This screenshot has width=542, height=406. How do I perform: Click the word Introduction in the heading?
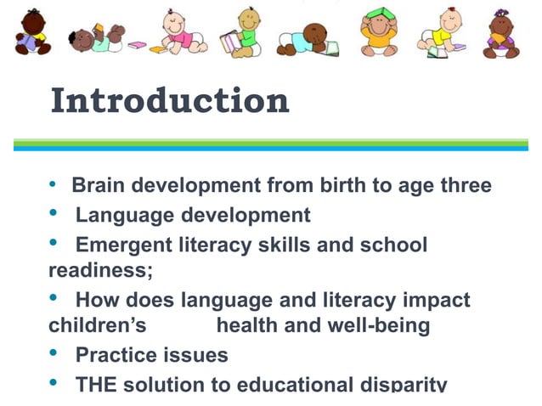(170, 101)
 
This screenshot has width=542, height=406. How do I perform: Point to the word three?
(463, 185)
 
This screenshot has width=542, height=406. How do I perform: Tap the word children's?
(98, 325)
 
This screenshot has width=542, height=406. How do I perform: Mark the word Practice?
(116, 354)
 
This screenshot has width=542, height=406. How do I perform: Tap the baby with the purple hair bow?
(502, 34)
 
